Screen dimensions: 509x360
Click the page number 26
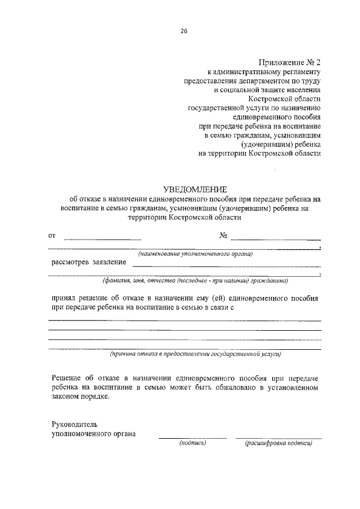[x=183, y=31]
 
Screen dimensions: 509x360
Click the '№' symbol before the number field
[x=223, y=236]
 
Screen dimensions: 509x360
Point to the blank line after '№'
[x=275, y=240]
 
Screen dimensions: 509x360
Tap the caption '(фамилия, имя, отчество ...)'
[x=195, y=280]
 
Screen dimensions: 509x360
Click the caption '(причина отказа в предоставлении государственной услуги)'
[x=195, y=354]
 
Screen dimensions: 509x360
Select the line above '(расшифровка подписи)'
[x=278, y=438]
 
